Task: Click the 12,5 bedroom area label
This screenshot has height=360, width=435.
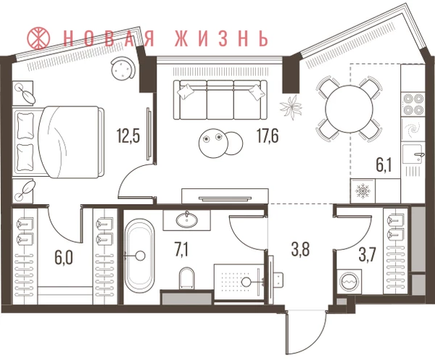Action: coord(128,136)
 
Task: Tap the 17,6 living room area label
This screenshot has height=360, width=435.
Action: coord(268,136)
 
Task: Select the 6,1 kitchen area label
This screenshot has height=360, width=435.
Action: coord(384,165)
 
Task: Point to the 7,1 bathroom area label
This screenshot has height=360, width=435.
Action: coord(181,250)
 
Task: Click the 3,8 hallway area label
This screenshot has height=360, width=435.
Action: coord(300,249)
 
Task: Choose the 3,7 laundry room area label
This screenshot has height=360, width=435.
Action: coord(368,255)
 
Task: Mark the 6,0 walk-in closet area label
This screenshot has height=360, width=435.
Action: coord(64,258)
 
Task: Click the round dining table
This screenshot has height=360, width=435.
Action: coord(349,109)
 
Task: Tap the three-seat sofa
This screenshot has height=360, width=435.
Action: coord(220,100)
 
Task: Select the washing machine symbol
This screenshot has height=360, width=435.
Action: coord(349,282)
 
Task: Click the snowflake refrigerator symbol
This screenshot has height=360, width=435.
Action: coord(362,191)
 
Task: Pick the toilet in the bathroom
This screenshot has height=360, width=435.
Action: coord(186,277)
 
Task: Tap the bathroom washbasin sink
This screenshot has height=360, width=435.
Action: coord(187,220)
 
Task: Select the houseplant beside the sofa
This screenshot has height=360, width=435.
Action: coord(291,107)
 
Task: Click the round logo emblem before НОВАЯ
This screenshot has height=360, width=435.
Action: coord(38,38)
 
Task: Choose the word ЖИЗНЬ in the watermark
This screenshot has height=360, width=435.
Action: coord(222,38)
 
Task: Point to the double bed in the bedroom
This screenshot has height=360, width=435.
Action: coord(59,142)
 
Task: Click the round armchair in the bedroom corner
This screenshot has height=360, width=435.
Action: coord(122,67)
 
